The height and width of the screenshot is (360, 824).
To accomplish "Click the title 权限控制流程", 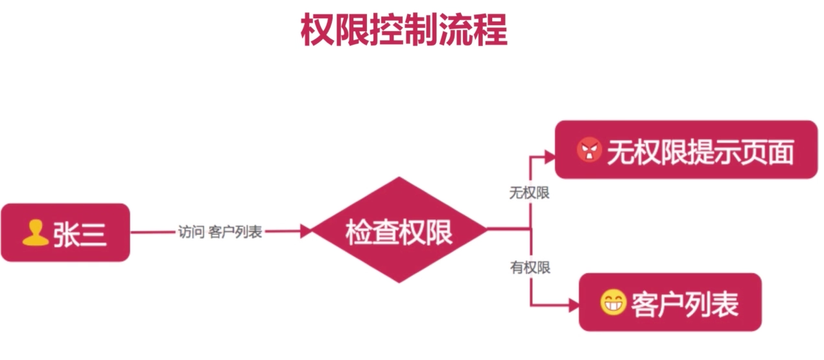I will pos(404,29).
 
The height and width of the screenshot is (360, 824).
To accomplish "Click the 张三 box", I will pos(65,232).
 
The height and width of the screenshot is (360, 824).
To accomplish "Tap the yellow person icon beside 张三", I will pos(35,233).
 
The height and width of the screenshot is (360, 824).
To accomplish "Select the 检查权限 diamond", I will pos(399,230).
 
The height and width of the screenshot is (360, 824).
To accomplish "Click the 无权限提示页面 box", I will pos(686,150).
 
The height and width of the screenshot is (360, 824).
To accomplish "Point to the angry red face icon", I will pos(589,151).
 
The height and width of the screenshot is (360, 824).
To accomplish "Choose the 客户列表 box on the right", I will pos(670,302).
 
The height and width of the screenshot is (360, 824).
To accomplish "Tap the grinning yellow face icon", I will pos(612,303).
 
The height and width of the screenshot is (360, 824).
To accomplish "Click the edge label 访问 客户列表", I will pos(220,232).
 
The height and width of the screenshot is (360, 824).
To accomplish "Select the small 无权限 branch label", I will pos(529,193).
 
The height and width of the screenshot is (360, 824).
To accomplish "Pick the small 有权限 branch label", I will pos(530,267).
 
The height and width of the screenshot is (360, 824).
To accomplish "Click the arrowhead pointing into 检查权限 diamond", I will pos(307,230).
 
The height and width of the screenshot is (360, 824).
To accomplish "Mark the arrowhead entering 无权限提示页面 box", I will pos(550,156).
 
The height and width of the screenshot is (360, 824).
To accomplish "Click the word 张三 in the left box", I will pos(80,234).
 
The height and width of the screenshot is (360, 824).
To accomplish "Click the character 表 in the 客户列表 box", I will pos(725,304).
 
